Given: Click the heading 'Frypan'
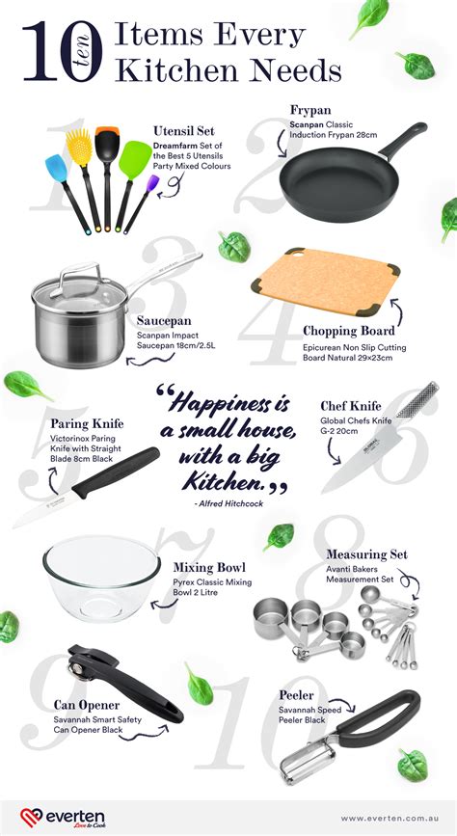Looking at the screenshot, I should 310,110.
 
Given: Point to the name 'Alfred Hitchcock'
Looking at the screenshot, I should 227,503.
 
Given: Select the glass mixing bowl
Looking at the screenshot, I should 100,578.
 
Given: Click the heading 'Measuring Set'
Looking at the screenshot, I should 366,554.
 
